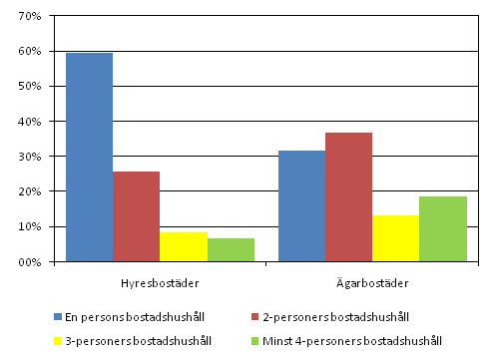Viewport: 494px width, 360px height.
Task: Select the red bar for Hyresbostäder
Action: pos(136,216)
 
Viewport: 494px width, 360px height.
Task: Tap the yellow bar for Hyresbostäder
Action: pos(184,246)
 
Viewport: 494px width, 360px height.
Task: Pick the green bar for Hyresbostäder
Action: pos(231,249)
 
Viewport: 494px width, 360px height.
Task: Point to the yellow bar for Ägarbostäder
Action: pos(395,238)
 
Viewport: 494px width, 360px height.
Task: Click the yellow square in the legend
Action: pos(57,340)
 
